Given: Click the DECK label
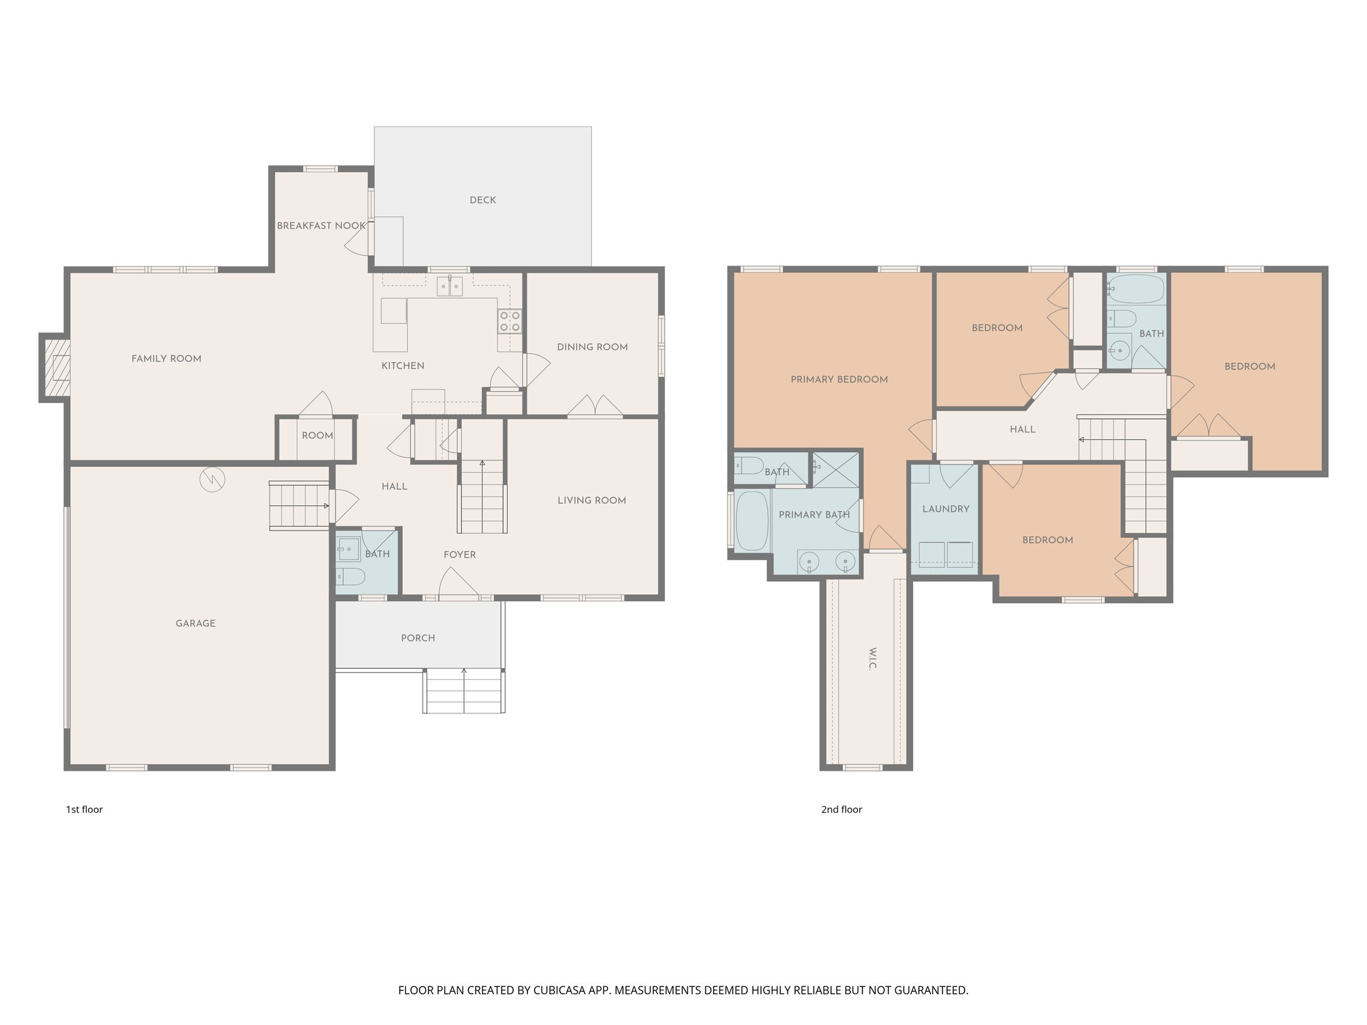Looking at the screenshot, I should [483, 200].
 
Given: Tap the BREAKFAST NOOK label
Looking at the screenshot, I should [321, 226].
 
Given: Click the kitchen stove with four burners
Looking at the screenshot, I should [509, 321].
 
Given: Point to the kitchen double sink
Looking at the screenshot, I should [450, 286].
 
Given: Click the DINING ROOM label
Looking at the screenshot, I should [592, 347].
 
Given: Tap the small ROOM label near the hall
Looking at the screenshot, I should [317, 436].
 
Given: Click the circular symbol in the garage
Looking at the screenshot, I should [212, 478].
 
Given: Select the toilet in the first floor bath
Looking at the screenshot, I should [350, 576].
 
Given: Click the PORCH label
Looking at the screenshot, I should [418, 638].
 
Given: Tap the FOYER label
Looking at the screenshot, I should [460, 555].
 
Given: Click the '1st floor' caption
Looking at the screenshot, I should [84, 809].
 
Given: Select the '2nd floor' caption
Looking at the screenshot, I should [841, 809].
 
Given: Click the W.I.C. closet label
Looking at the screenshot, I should [872, 658].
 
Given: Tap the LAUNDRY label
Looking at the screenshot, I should [945, 509].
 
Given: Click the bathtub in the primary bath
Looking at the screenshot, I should [752, 521].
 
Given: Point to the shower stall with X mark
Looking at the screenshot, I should [836, 469].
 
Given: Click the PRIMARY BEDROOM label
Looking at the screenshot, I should [839, 380].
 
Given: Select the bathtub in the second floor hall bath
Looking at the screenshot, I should [1136, 289].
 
